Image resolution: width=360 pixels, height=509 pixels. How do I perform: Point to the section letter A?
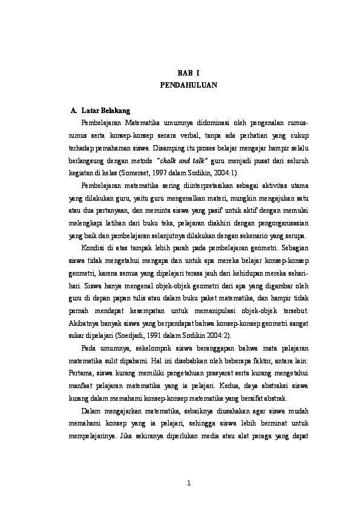click(x=74, y=111)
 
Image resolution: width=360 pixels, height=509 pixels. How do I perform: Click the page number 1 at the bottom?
click(x=189, y=482)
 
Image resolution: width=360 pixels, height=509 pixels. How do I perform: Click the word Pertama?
click(x=83, y=375)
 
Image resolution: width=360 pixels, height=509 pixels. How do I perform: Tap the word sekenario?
click(x=260, y=235)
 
